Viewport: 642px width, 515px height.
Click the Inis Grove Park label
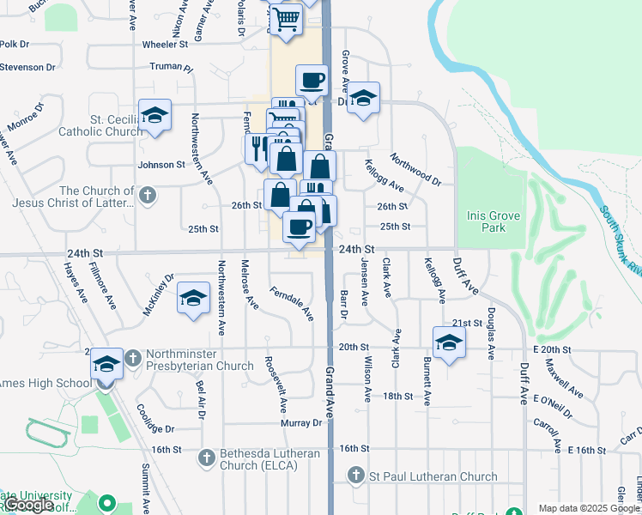pos(493,221)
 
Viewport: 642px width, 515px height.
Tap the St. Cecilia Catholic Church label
pos(100,126)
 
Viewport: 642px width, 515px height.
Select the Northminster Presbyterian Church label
pos(199,360)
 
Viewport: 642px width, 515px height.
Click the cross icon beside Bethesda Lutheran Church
pos(206,458)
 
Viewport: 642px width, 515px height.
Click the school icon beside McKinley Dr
pos(194,299)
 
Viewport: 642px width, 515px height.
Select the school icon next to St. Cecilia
pos(155,115)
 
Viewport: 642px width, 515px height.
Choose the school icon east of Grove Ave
pos(364,98)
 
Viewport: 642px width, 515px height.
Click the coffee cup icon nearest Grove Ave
pos(312,81)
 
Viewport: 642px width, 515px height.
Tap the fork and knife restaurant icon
pos(257,147)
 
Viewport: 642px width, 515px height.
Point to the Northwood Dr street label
pos(414,170)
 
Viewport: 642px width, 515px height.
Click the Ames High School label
pos(43,383)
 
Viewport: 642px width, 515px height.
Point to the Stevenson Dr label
pos(27,66)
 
